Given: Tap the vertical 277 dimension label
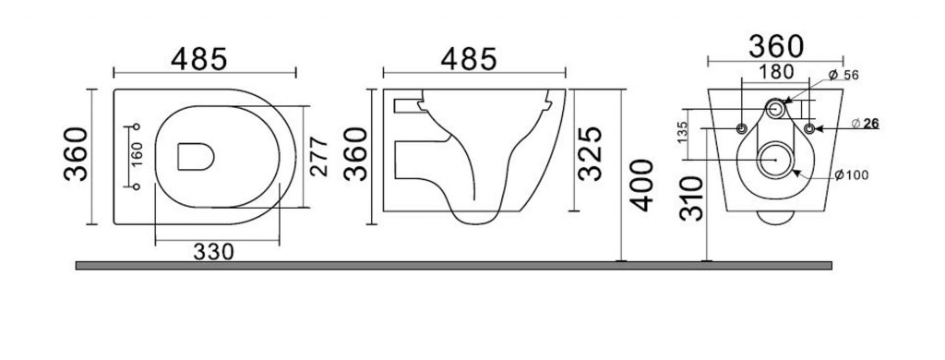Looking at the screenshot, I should coord(318,158).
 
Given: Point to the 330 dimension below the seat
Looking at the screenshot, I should coord(217,251).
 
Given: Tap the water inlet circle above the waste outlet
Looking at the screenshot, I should coord(777,109).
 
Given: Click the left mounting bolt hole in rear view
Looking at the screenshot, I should coord(744,126).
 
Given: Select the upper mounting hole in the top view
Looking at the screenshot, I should coord(138,126).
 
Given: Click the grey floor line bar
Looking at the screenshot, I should coord(452,265).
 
